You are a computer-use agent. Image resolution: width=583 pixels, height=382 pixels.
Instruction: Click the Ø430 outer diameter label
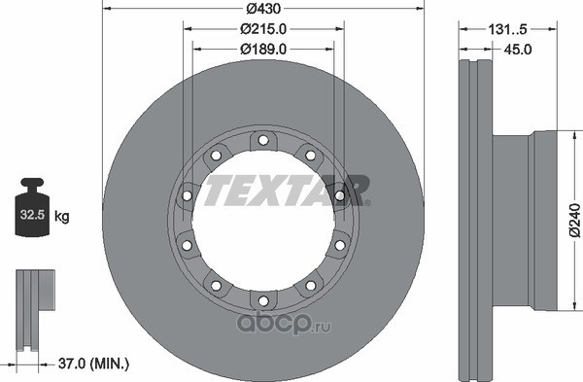tap(263, 9)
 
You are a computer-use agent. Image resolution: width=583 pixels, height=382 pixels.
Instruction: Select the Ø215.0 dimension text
tap(263, 29)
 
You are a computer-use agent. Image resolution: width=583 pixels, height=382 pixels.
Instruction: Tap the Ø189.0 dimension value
tap(263, 50)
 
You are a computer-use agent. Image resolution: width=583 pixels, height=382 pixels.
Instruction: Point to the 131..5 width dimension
tap(507, 29)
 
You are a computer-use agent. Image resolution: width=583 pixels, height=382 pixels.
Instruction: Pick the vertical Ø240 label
tap(575, 221)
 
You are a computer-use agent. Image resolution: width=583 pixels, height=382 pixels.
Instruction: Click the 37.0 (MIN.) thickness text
tap(93, 364)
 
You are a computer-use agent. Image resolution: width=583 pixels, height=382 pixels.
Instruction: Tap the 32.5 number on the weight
tap(32, 215)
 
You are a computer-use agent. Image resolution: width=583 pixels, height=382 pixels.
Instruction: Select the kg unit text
tap(62, 216)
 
